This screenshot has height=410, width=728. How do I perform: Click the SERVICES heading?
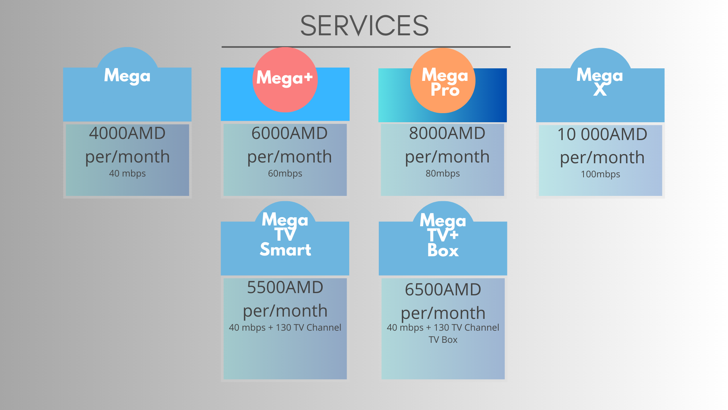pyautogui.click(x=364, y=26)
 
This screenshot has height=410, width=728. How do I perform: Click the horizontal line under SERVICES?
pyautogui.click(x=366, y=47)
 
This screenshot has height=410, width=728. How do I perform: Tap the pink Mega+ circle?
pyautogui.click(x=285, y=79)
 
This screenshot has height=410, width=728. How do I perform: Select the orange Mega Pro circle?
pyautogui.click(x=443, y=80)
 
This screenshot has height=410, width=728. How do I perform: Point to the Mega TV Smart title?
pyautogui.click(x=285, y=235)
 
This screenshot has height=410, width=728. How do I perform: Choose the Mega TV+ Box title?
pyautogui.click(x=443, y=235)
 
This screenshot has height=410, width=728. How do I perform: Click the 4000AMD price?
pyautogui.click(x=127, y=133)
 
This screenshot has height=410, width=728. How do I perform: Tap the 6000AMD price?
pyautogui.click(x=289, y=133)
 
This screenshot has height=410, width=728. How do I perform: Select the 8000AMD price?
pyautogui.click(x=447, y=133)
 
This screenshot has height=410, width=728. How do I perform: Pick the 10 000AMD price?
pyautogui.click(x=602, y=134)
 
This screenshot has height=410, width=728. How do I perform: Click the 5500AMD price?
pyautogui.click(x=285, y=287)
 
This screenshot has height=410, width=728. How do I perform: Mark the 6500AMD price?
pyautogui.click(x=443, y=290)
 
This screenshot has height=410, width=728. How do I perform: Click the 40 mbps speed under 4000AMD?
pyautogui.click(x=127, y=173)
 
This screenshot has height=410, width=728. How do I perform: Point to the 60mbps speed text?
pyautogui.click(x=285, y=173)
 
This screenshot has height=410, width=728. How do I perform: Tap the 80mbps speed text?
pyautogui.click(x=442, y=173)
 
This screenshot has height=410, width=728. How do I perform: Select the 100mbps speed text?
pyautogui.click(x=601, y=174)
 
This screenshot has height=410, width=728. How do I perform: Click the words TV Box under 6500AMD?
pyautogui.click(x=443, y=340)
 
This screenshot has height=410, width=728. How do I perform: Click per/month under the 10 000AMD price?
pyautogui.click(x=602, y=158)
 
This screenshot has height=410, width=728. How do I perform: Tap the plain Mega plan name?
pyautogui.click(x=127, y=76)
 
